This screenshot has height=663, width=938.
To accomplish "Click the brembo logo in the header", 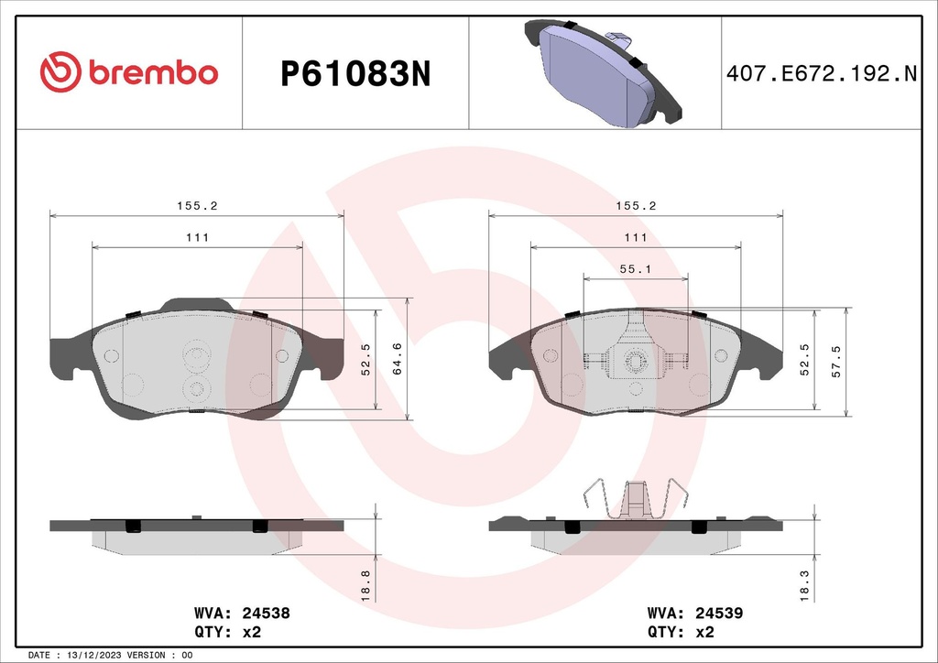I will (x=128, y=72).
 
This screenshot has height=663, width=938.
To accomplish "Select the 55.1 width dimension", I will (x=636, y=268).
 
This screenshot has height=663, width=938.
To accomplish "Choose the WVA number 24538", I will (x=266, y=613).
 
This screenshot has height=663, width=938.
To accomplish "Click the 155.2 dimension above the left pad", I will (x=196, y=207).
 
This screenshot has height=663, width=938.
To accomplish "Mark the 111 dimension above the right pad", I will (x=636, y=237).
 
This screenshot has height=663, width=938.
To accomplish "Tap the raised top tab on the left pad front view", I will (x=196, y=304).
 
